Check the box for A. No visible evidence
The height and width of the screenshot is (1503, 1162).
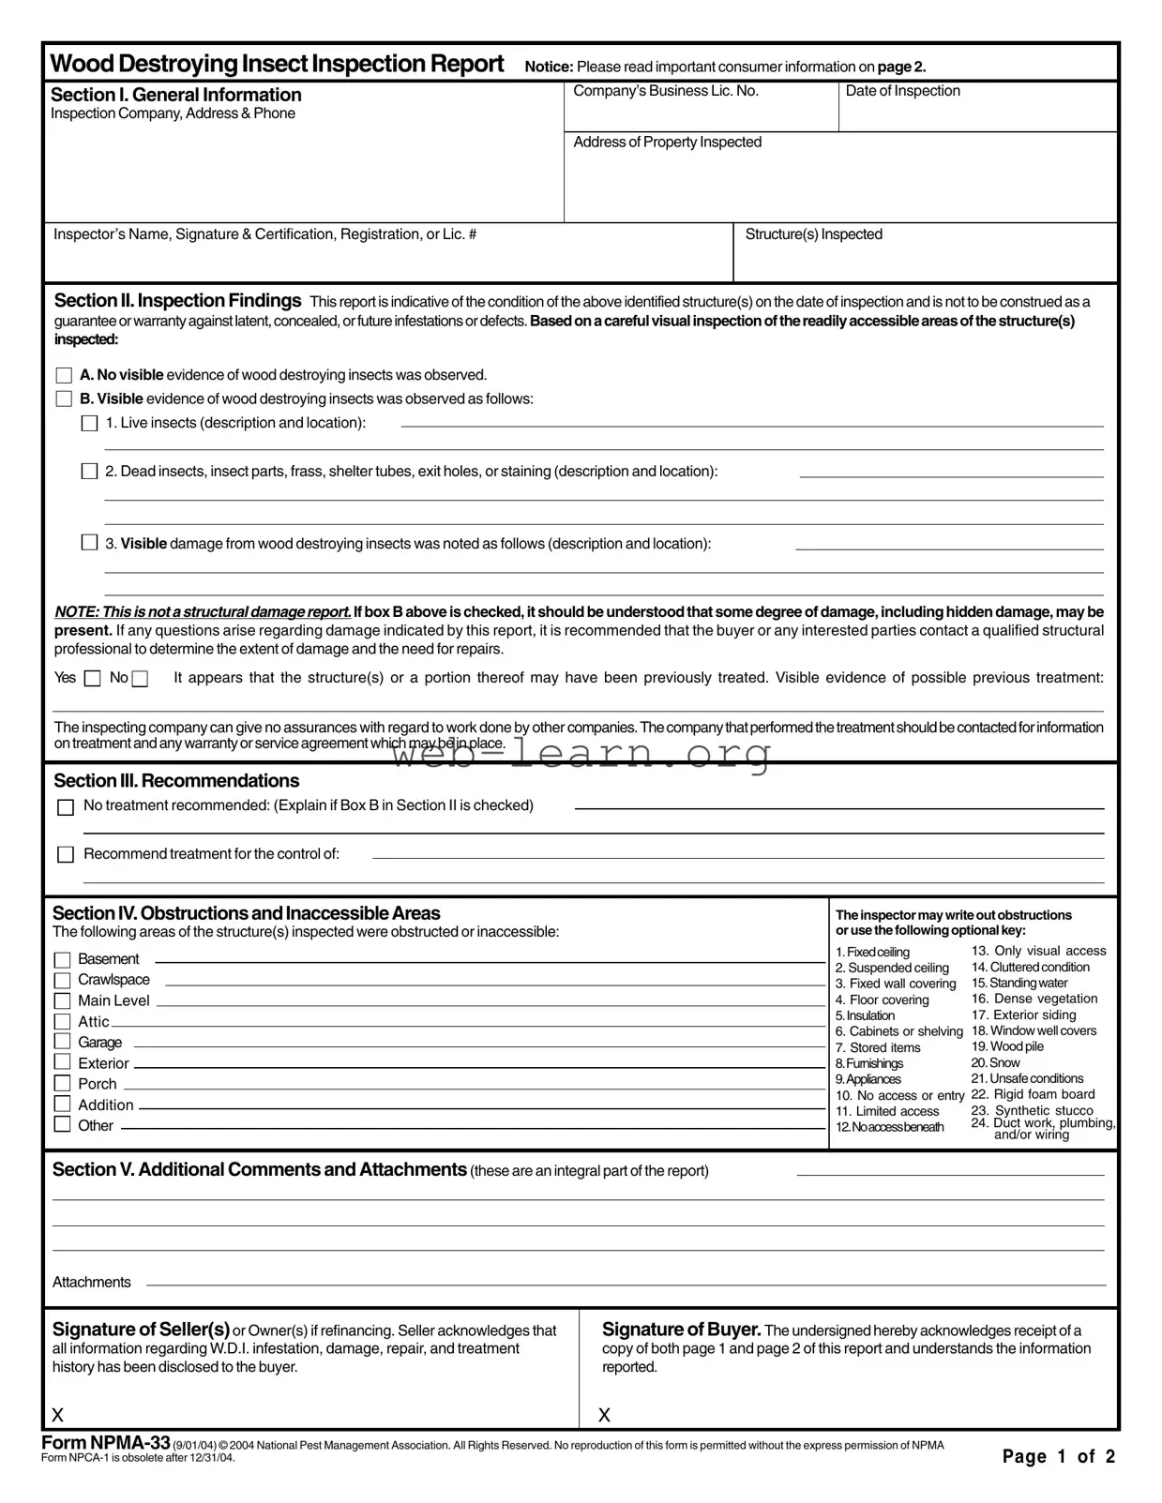(64, 375)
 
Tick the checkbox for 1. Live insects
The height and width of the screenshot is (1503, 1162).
(89, 423)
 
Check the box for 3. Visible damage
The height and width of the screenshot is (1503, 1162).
(89, 543)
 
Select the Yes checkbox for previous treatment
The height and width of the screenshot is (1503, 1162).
(92, 679)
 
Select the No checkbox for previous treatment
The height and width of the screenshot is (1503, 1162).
(140, 679)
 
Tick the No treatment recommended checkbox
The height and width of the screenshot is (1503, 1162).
(66, 807)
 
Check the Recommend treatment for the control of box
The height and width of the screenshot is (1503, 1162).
(66, 855)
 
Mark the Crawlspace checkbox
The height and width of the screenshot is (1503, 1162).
(63, 981)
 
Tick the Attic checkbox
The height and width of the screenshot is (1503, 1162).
(63, 1022)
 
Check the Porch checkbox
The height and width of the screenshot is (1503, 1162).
(63, 1084)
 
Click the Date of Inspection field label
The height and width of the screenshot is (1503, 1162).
(902, 91)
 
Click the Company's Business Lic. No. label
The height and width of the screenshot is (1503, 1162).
(666, 91)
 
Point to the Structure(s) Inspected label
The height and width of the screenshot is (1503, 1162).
(813, 234)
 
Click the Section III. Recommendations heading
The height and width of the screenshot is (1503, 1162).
(176, 781)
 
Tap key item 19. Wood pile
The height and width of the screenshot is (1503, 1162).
(1006, 1046)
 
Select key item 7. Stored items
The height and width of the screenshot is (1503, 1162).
(878, 1047)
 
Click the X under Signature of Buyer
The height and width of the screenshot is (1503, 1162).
(604, 1415)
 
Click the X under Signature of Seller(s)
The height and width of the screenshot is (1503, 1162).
(58, 1415)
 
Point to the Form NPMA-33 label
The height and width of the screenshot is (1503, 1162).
(106, 1443)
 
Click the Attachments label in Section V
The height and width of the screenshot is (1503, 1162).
(92, 1283)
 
